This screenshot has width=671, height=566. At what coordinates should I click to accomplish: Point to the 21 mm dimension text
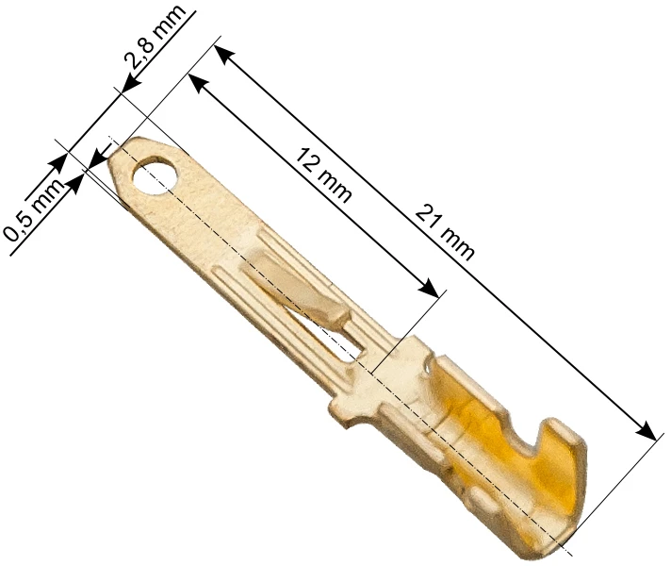tap(445, 232)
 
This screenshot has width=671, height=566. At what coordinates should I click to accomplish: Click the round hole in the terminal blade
tap(155, 175)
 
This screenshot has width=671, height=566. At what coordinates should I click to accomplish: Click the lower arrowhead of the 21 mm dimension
tap(646, 430)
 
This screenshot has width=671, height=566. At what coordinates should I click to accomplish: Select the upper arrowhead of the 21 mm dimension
tap(224, 55)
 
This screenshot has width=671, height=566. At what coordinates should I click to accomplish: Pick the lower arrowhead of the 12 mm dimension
tap(429, 287)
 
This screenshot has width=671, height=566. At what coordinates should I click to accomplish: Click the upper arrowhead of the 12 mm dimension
tap(199, 84)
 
